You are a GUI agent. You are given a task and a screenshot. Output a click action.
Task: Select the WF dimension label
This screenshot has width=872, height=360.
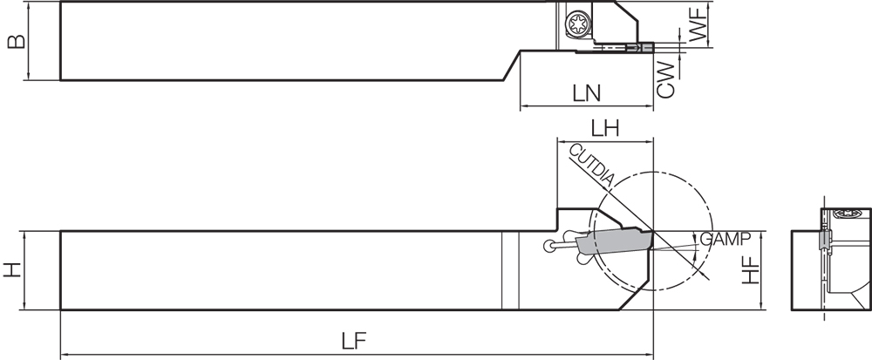[698, 25]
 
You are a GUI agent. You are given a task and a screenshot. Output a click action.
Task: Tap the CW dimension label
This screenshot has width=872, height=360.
[666, 78]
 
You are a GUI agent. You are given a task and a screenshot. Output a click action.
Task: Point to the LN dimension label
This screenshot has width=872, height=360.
[589, 92]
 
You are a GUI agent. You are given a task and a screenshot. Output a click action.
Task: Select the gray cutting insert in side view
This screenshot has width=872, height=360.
[618, 240]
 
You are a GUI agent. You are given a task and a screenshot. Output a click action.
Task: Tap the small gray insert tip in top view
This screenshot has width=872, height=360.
[646, 48]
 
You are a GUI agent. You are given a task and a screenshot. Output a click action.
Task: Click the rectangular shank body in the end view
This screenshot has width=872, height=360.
[807, 270]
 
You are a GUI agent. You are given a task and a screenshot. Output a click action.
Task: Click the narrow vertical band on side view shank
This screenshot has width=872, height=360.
[510, 269]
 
